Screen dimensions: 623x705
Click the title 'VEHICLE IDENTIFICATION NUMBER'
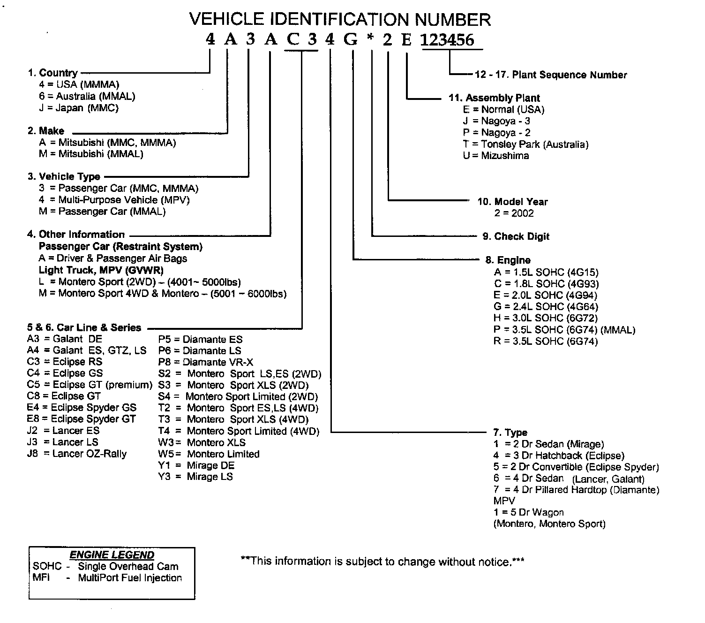[340, 19]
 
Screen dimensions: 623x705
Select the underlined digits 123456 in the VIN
[447, 40]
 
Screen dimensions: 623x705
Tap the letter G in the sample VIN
[351, 40]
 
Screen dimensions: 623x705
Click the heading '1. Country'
[53, 73]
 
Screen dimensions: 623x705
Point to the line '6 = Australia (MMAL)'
[87, 96]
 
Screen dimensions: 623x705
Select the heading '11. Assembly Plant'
[494, 98]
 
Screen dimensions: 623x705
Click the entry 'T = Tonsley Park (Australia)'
[525, 144]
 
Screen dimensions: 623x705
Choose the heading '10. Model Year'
[512, 202]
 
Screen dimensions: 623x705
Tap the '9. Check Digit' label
[516, 236]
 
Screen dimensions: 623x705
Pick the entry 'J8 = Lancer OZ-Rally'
[77, 454]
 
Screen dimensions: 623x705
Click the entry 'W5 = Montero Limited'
[209, 454]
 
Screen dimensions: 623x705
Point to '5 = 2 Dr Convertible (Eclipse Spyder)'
[576, 467]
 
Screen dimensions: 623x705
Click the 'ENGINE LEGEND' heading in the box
[112, 555]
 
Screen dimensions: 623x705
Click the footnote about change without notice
[382, 561]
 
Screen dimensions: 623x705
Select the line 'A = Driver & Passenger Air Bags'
[113, 258]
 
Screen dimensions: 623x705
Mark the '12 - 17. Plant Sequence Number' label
[551, 75]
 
